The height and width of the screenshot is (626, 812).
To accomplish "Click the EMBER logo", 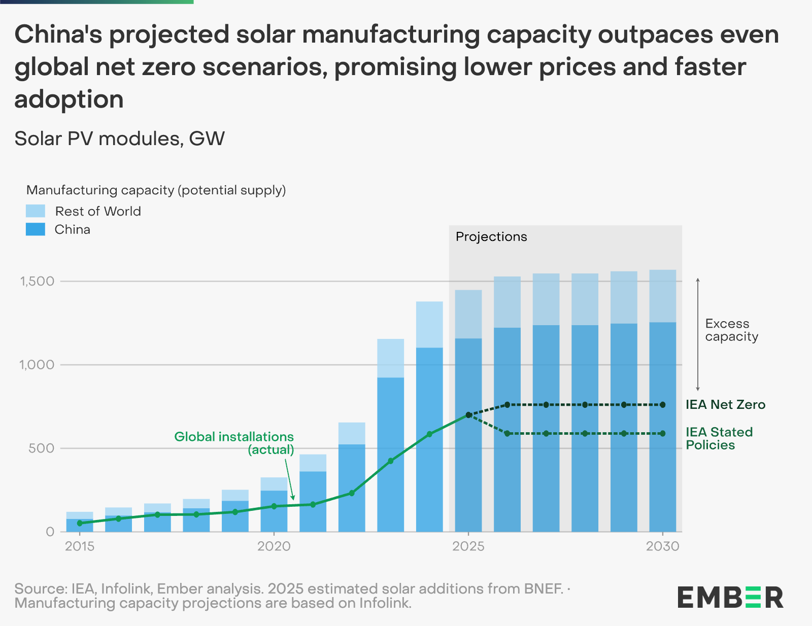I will tap(730, 597).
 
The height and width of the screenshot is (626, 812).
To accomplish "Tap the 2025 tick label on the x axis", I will tap(468, 546).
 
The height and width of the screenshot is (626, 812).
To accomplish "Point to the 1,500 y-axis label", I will tap(37, 282).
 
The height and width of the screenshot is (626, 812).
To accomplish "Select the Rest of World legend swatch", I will tap(36, 211).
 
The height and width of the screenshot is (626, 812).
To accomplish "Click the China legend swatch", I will tap(36, 229).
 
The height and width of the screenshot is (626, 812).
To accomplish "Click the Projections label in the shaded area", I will tap(491, 237).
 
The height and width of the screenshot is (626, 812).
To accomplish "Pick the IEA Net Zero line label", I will tap(725, 405).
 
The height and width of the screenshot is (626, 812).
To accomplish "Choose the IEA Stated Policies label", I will tap(719, 438).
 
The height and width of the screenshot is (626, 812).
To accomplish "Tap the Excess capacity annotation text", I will tap(731, 330).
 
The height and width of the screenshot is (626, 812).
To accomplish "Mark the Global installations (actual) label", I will tap(234, 443).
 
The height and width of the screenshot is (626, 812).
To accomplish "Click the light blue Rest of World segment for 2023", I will tap(390, 358).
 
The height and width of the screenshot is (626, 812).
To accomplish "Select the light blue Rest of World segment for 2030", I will tap(662, 296).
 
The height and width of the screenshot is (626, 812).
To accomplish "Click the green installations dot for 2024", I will tap(429, 434).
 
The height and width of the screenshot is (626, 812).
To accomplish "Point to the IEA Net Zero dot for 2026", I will tap(507, 405).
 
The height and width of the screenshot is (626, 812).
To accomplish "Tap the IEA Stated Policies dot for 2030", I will tap(662, 434).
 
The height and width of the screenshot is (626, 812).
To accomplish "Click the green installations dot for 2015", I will tap(80, 523).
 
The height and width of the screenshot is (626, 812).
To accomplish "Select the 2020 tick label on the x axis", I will tap(274, 546).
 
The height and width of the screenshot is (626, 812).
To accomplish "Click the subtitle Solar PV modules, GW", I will tap(119, 138).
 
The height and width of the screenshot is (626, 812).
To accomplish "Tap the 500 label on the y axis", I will tap(43, 448).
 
